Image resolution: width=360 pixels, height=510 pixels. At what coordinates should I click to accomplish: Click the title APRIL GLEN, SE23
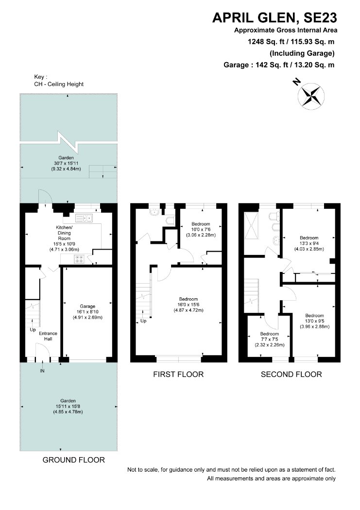275,17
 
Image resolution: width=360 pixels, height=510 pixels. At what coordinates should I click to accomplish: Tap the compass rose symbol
311,95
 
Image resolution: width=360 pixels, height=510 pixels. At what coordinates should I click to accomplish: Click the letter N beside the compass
296,82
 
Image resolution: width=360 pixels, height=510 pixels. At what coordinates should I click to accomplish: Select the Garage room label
87,312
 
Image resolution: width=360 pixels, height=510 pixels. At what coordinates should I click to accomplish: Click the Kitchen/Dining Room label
64,238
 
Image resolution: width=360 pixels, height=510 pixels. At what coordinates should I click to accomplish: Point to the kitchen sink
84,218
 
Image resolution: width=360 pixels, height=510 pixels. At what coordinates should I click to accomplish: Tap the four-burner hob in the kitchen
79,259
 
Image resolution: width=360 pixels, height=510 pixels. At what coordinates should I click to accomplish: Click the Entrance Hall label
48,336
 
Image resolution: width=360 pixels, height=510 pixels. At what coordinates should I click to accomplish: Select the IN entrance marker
42,371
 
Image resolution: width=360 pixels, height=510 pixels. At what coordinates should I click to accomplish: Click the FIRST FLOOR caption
178,374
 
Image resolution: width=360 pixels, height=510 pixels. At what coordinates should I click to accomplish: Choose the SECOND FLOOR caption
291,374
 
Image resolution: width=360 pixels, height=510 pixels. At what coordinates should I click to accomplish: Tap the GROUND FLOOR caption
74,460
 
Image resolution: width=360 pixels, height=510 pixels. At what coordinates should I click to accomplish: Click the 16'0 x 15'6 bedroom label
189,305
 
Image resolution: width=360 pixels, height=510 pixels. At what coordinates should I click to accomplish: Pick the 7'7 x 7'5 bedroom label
270,339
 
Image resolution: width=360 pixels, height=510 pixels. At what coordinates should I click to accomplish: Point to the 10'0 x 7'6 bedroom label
201,229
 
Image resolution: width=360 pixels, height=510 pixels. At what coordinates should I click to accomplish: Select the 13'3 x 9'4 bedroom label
309,243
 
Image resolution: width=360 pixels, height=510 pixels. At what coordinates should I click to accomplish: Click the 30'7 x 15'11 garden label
66,163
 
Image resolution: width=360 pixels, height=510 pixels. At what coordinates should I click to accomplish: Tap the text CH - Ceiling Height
59,84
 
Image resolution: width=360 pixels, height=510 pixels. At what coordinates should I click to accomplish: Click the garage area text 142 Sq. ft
272,65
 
